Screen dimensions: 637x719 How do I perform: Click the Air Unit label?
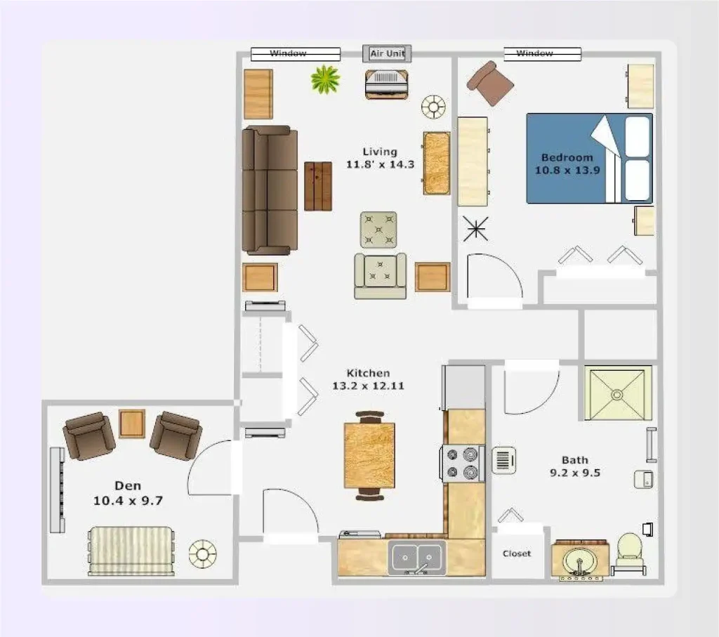387,53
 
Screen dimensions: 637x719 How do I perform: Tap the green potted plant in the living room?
325,79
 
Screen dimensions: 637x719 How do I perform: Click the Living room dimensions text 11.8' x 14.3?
380,164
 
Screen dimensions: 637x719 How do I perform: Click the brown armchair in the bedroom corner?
490,83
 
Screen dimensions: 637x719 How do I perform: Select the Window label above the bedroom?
534,53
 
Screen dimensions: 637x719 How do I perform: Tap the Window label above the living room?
288,53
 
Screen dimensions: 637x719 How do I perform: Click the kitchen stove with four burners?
463,464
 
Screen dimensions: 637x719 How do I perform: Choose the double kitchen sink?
417,558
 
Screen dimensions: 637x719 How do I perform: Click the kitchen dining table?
369,455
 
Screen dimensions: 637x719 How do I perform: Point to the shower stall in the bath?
618,393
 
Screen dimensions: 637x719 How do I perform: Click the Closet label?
517,553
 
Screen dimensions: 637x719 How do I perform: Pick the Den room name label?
128,485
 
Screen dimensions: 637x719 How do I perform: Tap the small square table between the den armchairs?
132,423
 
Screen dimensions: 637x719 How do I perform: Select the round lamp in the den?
202,554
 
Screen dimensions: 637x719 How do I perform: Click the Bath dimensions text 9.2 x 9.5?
574,473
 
